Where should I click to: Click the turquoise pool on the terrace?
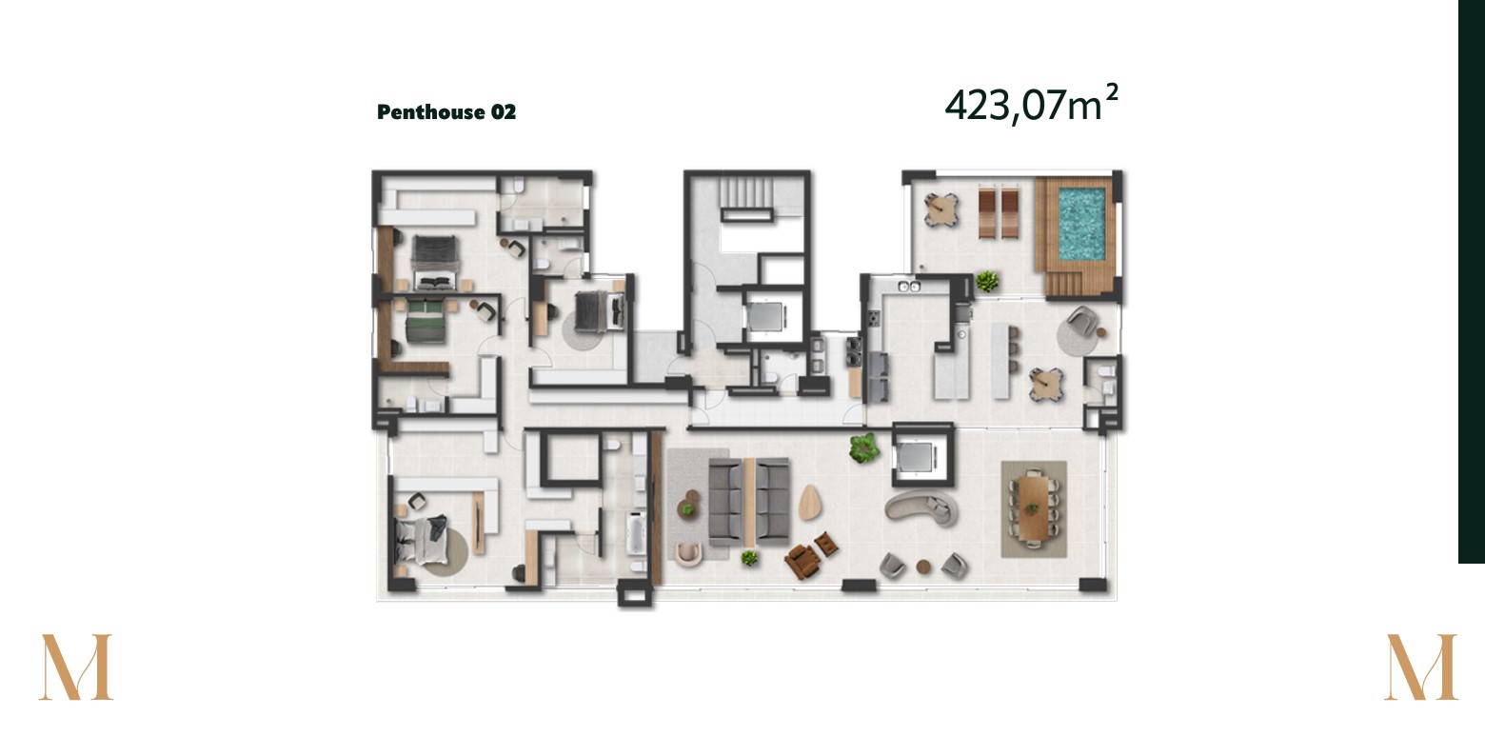pyautogui.click(x=1082, y=224)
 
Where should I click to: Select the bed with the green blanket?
pyautogui.click(x=425, y=322)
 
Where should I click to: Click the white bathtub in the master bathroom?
pyautogui.click(x=635, y=532)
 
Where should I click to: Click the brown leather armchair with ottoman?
pyautogui.click(x=809, y=554)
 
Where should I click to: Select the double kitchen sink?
pyautogui.click(x=908, y=287)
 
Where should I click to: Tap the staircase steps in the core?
pyautogui.click(x=746, y=192)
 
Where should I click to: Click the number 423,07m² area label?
pyautogui.click(x=1032, y=104)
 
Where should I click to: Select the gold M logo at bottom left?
pyautogui.click(x=75, y=666)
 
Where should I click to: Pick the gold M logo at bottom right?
pyautogui.click(x=1420, y=666)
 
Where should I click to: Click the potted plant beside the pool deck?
pyautogui.click(x=986, y=282)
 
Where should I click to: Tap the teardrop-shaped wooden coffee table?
pyautogui.click(x=810, y=503)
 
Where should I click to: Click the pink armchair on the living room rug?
pyautogui.click(x=688, y=553)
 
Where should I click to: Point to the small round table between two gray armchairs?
pyautogui.click(x=923, y=567)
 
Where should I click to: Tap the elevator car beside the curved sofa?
pyautogui.click(x=916, y=457)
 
